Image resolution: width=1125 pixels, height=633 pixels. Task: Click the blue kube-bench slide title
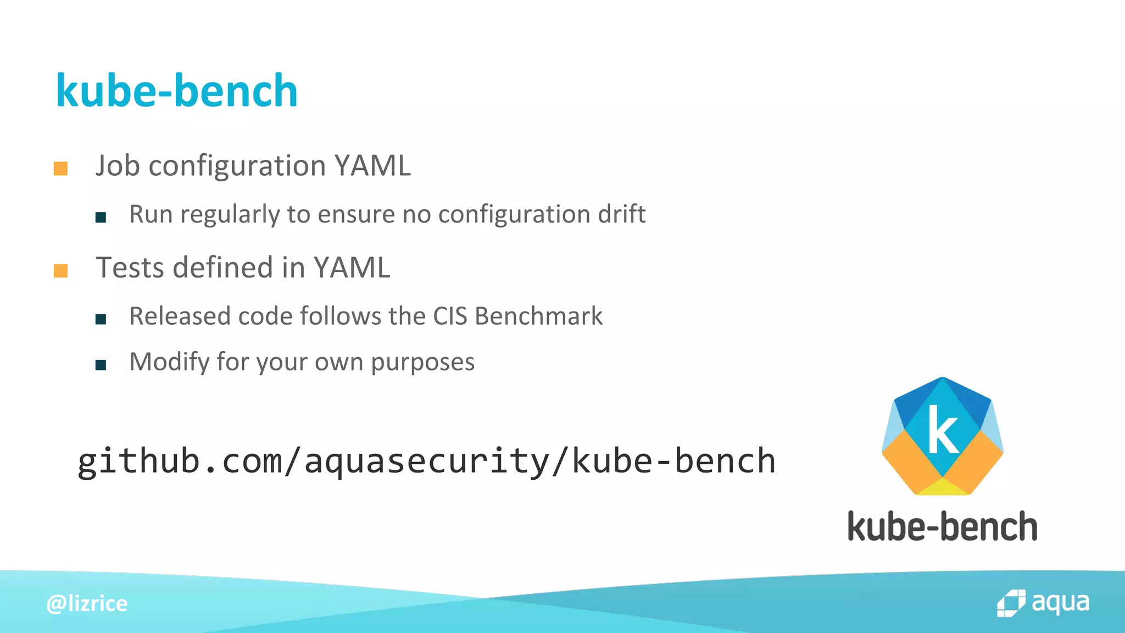click(x=177, y=91)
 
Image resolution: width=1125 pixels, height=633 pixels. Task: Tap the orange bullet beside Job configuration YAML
click(x=60, y=169)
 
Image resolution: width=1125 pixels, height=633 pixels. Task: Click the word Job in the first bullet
click(x=118, y=165)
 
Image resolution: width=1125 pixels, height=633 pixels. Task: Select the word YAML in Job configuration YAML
click(x=372, y=165)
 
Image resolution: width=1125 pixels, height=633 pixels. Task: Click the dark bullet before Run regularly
click(x=101, y=218)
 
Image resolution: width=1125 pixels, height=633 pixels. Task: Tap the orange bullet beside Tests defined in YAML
click(x=60, y=270)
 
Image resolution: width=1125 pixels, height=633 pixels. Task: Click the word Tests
click(x=130, y=268)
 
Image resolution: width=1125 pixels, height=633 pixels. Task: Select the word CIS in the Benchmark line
click(x=450, y=316)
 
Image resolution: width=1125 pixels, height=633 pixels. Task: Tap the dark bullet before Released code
click(x=101, y=319)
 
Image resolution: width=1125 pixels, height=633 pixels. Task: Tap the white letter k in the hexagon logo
click(x=943, y=429)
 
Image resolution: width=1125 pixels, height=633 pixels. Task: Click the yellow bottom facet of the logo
click(x=943, y=487)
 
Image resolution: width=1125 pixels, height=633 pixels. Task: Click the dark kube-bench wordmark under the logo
click(x=943, y=526)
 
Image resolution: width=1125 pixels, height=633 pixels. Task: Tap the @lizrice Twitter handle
click(x=87, y=603)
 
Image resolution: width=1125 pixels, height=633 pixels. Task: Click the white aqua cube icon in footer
click(x=1011, y=603)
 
